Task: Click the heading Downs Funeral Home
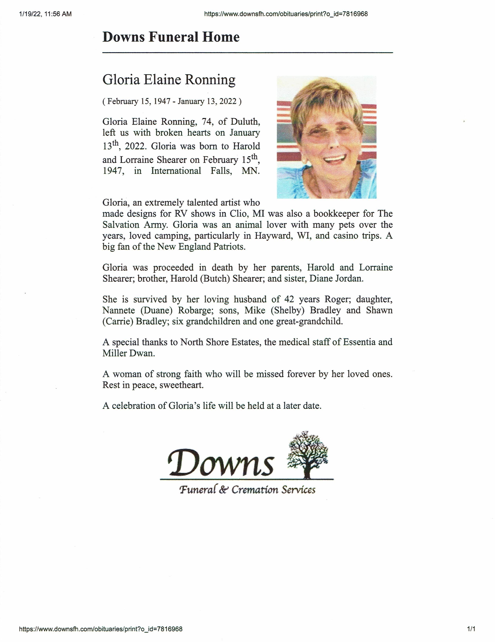tap(171, 37)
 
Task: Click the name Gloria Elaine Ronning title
tap(169, 80)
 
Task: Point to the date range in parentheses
tap(172, 102)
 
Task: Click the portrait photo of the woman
tap(326, 137)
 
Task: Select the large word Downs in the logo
tap(221, 463)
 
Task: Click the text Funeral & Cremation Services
tap(247, 490)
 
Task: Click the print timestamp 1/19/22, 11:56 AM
tap(45, 14)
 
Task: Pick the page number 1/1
tap(471, 629)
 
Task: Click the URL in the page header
tap(286, 14)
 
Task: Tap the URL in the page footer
tap(101, 629)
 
